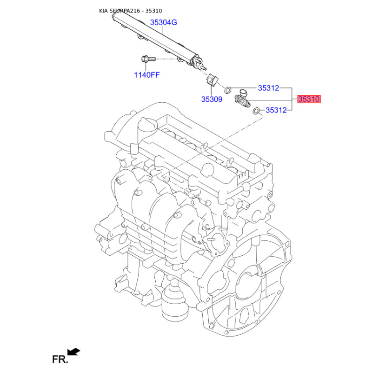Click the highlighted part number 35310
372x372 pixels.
(x=309, y=99)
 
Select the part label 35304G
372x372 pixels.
(x=164, y=22)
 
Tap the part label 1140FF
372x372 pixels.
(x=147, y=75)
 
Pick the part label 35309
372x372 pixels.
(x=212, y=99)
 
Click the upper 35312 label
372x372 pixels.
(x=269, y=88)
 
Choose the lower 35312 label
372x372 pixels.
(x=276, y=110)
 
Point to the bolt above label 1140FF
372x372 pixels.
(x=148, y=59)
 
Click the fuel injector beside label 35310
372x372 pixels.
(x=242, y=100)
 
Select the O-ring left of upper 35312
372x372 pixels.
(x=227, y=90)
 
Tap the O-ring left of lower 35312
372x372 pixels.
(x=256, y=111)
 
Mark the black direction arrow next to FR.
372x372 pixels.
(x=74, y=352)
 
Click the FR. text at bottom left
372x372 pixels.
(x=60, y=359)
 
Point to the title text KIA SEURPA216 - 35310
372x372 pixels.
(x=131, y=11)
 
